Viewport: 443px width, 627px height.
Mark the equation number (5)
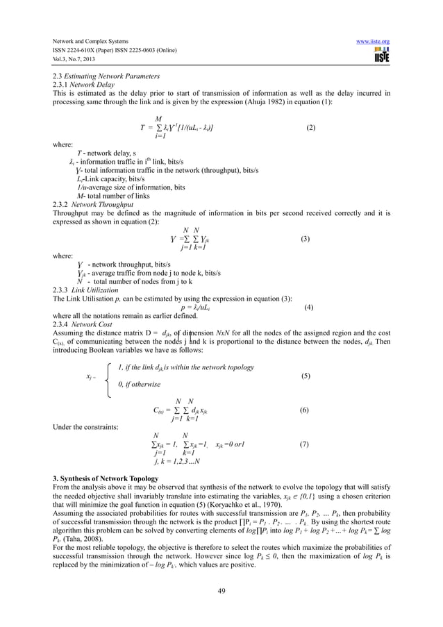pyautogui.click(x=305, y=376)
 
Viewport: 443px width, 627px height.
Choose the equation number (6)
pyautogui.click(x=305, y=410)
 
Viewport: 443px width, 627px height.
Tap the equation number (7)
pyautogui.click(x=305, y=444)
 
